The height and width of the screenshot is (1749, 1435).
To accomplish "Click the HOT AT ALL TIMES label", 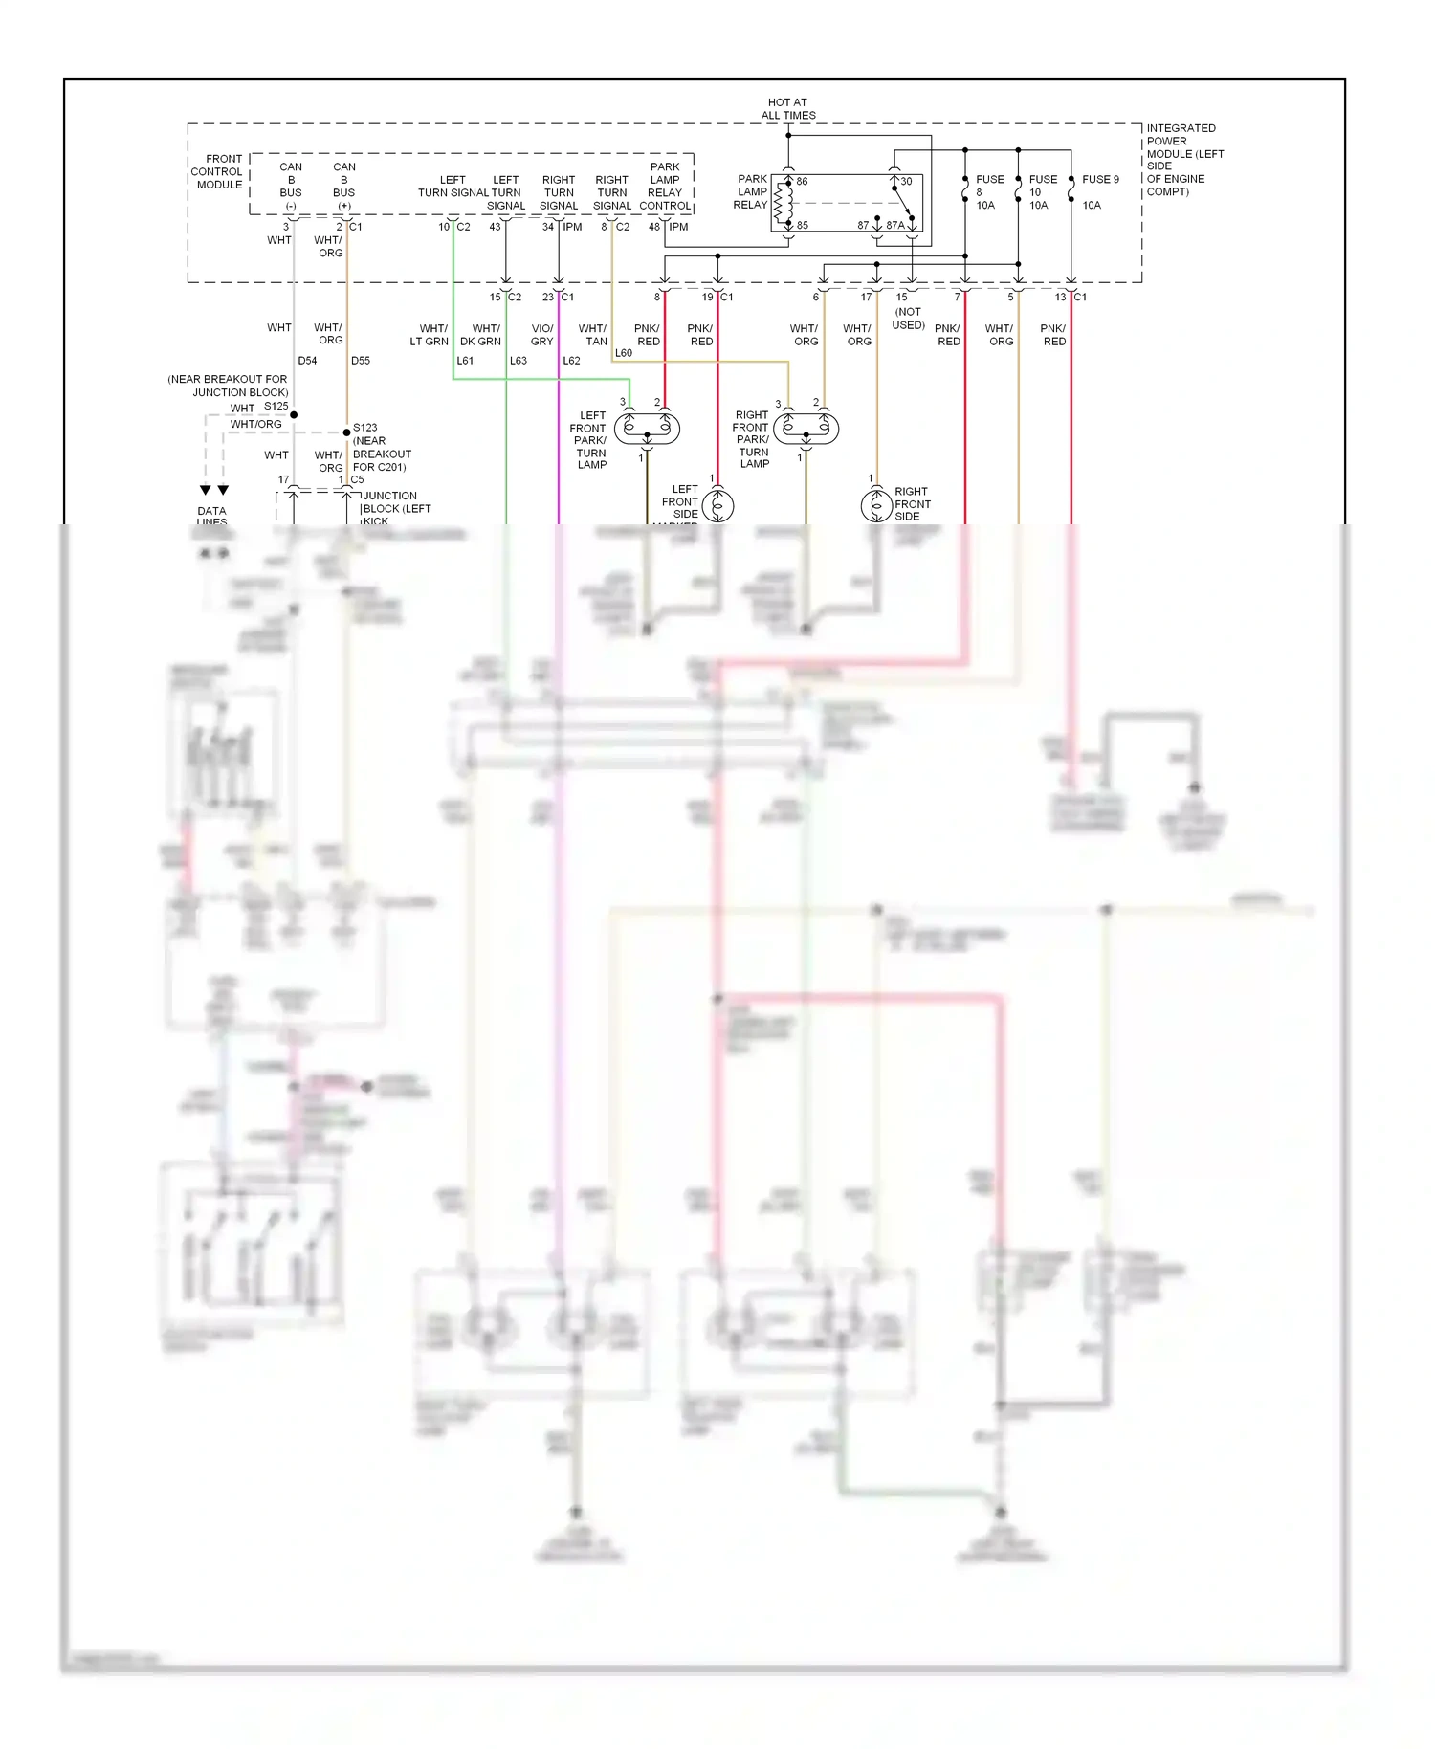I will click(x=788, y=109).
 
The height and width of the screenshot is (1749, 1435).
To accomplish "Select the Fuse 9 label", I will click(x=1100, y=179).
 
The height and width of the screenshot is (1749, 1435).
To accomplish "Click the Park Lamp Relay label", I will click(x=751, y=191).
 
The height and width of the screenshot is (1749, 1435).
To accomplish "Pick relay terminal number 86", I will click(x=802, y=181).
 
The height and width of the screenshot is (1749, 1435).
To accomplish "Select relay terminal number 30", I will click(x=906, y=181).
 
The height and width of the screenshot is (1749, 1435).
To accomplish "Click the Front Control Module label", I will click(x=217, y=171).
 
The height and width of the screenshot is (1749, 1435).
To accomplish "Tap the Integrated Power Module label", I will click(x=1184, y=160).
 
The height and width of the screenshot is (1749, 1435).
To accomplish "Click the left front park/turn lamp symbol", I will click(x=647, y=428).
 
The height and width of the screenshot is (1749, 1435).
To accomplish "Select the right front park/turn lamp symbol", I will click(x=806, y=428).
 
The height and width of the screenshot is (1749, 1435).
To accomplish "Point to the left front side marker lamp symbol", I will click(x=717, y=505).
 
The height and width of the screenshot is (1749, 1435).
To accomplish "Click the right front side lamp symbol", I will click(x=876, y=505).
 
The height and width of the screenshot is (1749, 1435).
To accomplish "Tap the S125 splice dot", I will click(x=294, y=414).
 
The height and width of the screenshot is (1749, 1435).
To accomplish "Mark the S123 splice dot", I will click(x=346, y=432).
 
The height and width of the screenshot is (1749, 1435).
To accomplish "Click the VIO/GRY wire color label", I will click(x=542, y=335).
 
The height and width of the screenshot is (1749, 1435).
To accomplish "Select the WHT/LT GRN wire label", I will click(x=430, y=335).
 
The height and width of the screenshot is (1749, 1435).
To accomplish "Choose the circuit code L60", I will click(x=624, y=353).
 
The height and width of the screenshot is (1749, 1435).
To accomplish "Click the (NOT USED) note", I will click(x=908, y=319).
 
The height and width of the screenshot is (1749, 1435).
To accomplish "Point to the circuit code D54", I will click(x=307, y=361).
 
